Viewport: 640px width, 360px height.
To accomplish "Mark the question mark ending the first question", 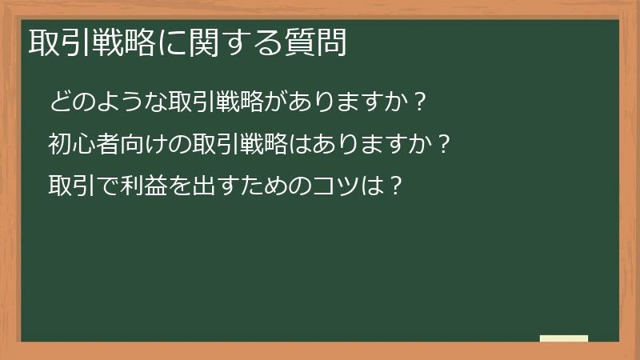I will click(x=416, y=102).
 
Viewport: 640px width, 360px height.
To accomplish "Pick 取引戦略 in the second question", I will click(x=230, y=145).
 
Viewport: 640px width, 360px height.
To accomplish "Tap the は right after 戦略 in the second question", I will click(x=292, y=145).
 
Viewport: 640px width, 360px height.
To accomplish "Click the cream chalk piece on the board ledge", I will click(x=564, y=338).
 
